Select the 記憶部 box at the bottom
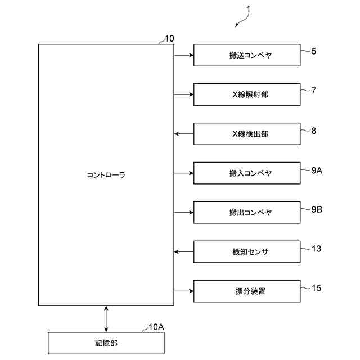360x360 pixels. coord(106,343)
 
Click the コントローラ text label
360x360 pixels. coord(106,175)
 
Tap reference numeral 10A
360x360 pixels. coord(156,327)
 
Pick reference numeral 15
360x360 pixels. coord(316,288)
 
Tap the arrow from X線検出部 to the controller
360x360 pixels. coord(184,134)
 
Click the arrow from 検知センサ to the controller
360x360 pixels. coord(184,251)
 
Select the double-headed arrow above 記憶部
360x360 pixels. coord(106,319)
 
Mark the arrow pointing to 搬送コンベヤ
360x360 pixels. coord(184,55)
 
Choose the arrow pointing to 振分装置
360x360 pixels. coord(184,291)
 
